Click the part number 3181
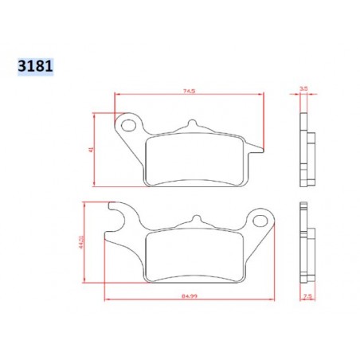coord(34,65)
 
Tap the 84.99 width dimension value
coord(189,293)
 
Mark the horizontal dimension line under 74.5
coord(189,96)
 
